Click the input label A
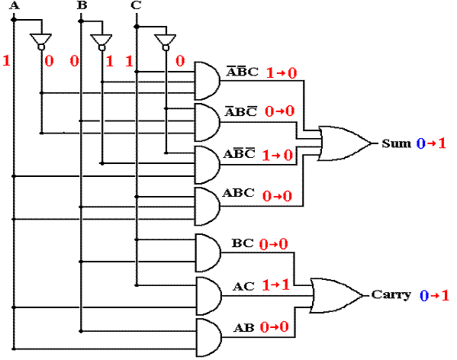14,5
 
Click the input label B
82,5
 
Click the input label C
136,5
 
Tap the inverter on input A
41,42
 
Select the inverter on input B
101,42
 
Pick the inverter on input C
166,42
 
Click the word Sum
397,143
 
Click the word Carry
391,294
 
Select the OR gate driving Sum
345,143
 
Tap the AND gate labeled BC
208,252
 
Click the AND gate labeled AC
208,296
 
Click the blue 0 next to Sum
421,143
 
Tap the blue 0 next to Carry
424,296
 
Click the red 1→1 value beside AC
275,284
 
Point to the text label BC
243,243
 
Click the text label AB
244,328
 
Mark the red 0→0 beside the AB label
274,327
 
